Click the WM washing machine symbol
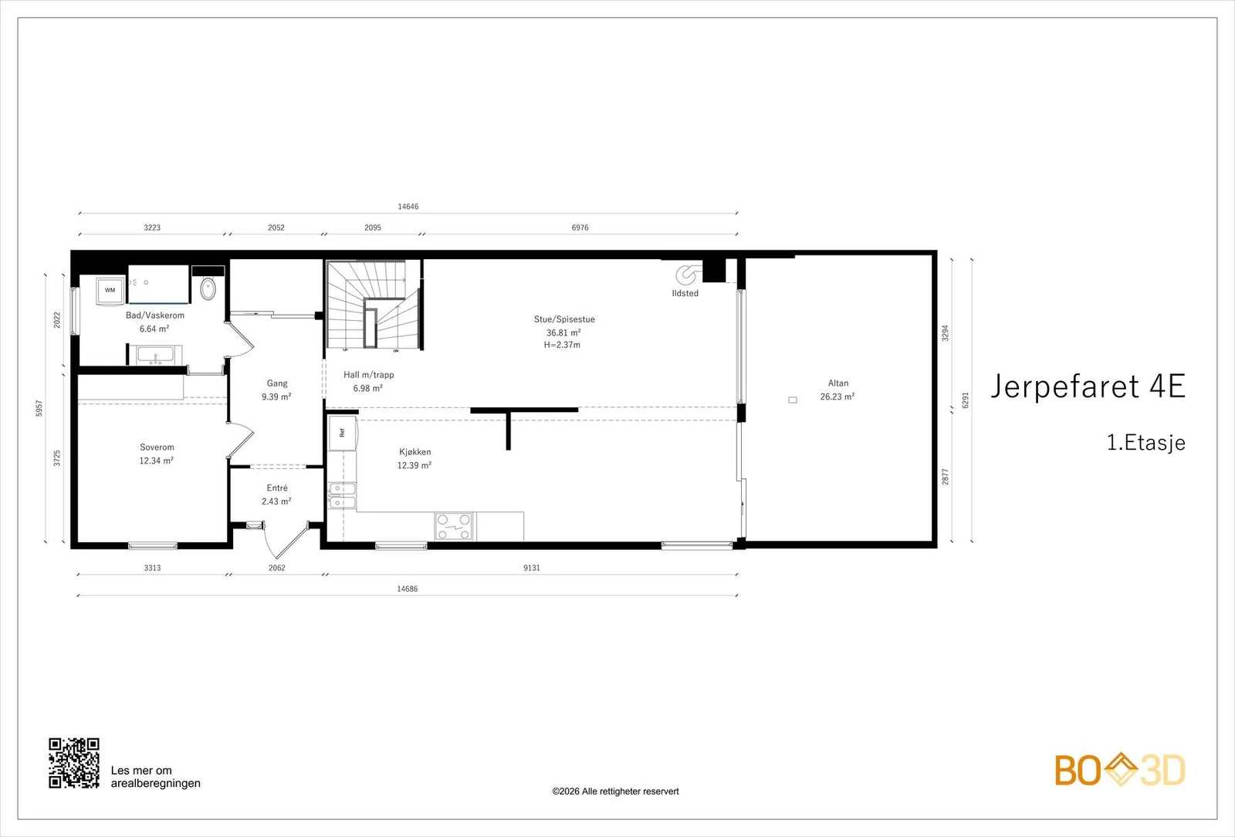[x=110, y=290]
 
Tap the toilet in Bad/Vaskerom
[x=208, y=289]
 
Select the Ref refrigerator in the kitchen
[x=343, y=434]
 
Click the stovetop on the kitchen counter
[x=454, y=526]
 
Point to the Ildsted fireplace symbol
[x=687, y=274]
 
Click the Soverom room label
[x=157, y=447]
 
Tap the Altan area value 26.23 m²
[x=837, y=397]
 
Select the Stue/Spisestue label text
[x=564, y=319]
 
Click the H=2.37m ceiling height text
[x=562, y=345]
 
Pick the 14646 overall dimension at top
[x=408, y=207]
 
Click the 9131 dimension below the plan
[x=532, y=568]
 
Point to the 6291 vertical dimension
[x=965, y=400]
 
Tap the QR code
[x=74, y=763]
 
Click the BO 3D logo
[x=1120, y=769]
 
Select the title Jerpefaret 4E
[x=1088, y=386]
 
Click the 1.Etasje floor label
[x=1145, y=443]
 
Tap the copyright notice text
[x=615, y=791]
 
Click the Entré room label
[x=277, y=488]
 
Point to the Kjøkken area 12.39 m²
[x=414, y=466]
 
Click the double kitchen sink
[x=343, y=496]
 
